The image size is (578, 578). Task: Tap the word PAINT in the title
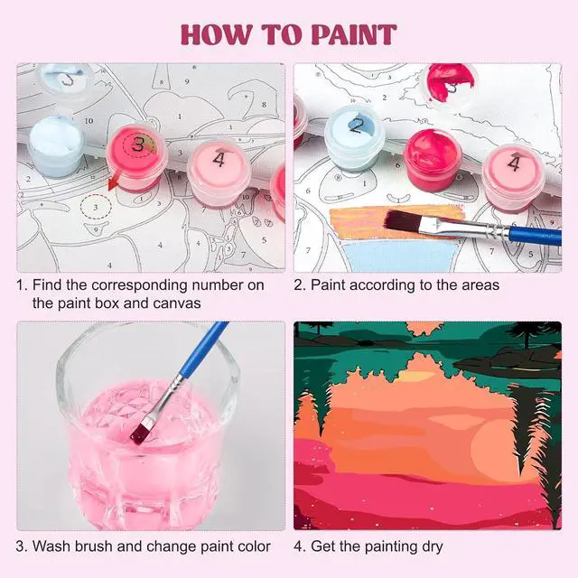coord(354,35)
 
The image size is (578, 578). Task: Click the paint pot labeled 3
coord(136,157)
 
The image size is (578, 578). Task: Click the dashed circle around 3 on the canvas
coord(96,207)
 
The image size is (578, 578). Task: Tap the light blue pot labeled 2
coord(355,137)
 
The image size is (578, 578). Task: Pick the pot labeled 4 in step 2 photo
coord(514,178)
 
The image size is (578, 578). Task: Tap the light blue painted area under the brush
coord(401,256)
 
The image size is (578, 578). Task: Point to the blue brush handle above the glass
coord(205,349)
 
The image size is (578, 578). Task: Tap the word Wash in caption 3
coord(51,546)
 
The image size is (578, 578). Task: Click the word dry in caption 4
coord(432,547)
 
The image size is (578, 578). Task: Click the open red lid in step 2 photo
coord(451,85)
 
